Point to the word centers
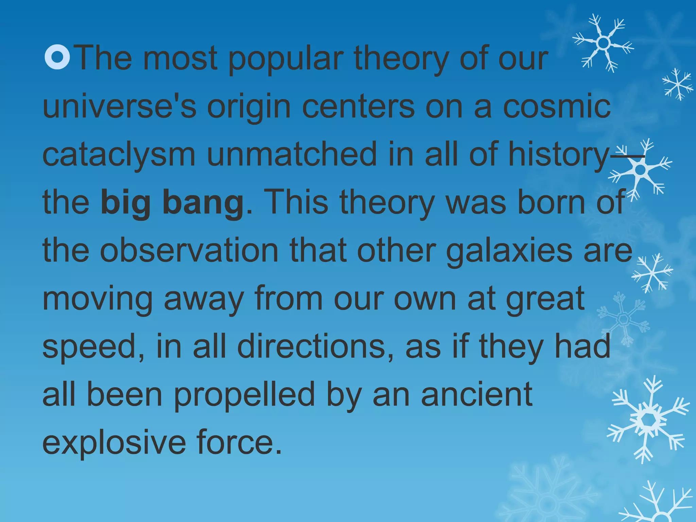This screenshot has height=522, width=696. coord(358,106)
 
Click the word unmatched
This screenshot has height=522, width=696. coord(292,154)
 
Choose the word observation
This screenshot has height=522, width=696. coord(189,251)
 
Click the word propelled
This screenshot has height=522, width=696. coord(244,396)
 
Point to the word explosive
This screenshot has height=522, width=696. coord(114,443)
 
